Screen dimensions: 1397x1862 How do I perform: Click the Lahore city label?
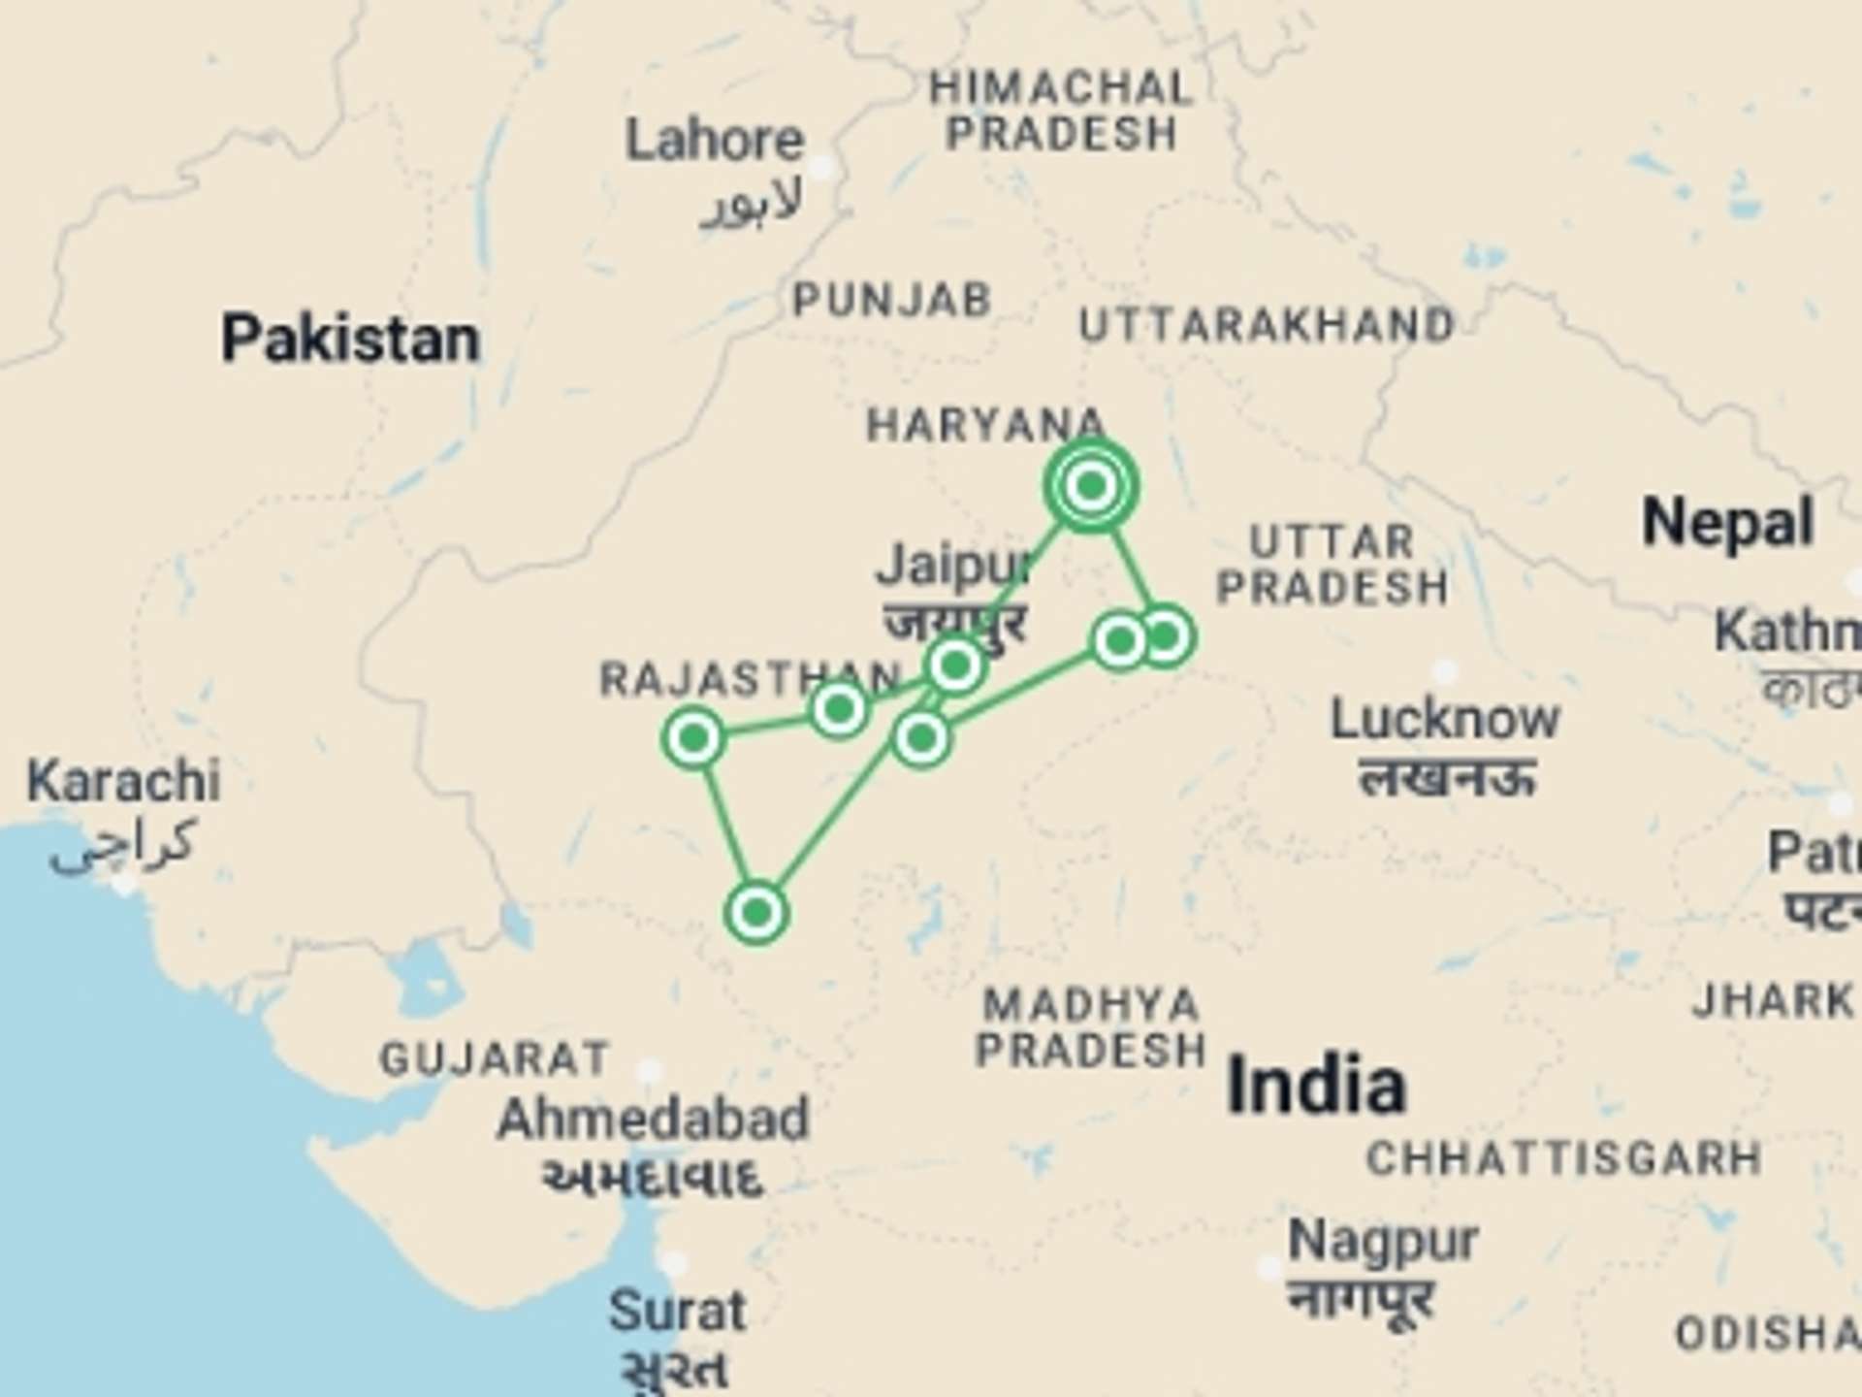(715, 142)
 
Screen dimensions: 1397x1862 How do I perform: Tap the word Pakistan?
(350, 340)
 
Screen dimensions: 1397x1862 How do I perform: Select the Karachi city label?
(123, 782)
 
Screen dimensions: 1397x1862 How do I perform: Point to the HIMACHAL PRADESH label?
(1061, 111)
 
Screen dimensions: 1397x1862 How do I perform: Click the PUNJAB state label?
(892, 301)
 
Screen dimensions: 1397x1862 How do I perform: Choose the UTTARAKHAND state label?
(1267, 326)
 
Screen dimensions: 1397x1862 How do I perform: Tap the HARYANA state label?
(985, 425)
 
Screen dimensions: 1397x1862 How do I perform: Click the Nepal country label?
(1727, 524)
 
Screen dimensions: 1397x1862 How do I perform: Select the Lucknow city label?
(1444, 720)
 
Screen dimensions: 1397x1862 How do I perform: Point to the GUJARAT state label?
(495, 1058)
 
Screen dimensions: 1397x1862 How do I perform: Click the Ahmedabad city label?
(652, 1120)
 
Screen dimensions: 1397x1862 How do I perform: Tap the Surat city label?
(677, 1312)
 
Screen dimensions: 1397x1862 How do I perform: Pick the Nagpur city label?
(1382, 1241)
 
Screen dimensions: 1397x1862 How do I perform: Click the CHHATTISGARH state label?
(1563, 1158)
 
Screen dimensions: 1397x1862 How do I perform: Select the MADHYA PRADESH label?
(1091, 1027)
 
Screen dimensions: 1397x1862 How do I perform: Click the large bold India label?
(1316, 1086)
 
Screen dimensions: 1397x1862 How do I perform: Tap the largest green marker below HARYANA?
(1091, 485)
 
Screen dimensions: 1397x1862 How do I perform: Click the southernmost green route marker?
(756, 912)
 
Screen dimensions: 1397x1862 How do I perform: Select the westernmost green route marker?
(693, 738)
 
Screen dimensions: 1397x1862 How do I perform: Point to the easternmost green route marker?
(1166, 636)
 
